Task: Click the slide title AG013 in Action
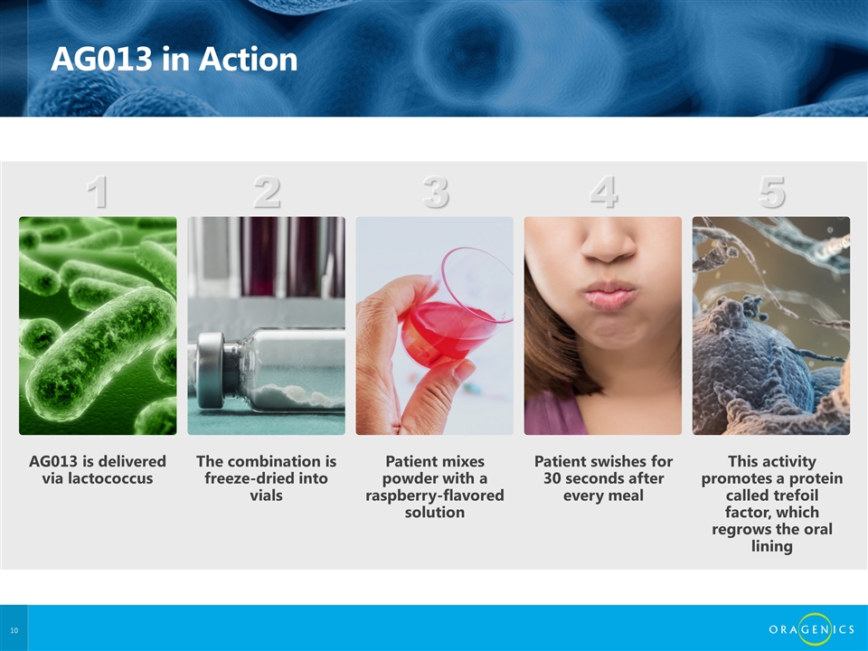click(174, 59)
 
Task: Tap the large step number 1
click(98, 192)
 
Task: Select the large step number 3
click(435, 192)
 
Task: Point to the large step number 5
click(771, 192)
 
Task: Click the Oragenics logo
click(812, 629)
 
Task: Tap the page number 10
click(14, 630)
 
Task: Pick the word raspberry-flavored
click(435, 495)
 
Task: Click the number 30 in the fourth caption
click(552, 478)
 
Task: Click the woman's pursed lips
click(608, 295)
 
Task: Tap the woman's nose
click(609, 243)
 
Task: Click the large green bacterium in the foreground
click(100, 354)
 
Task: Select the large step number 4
click(603, 192)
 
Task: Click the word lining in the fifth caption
click(771, 546)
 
